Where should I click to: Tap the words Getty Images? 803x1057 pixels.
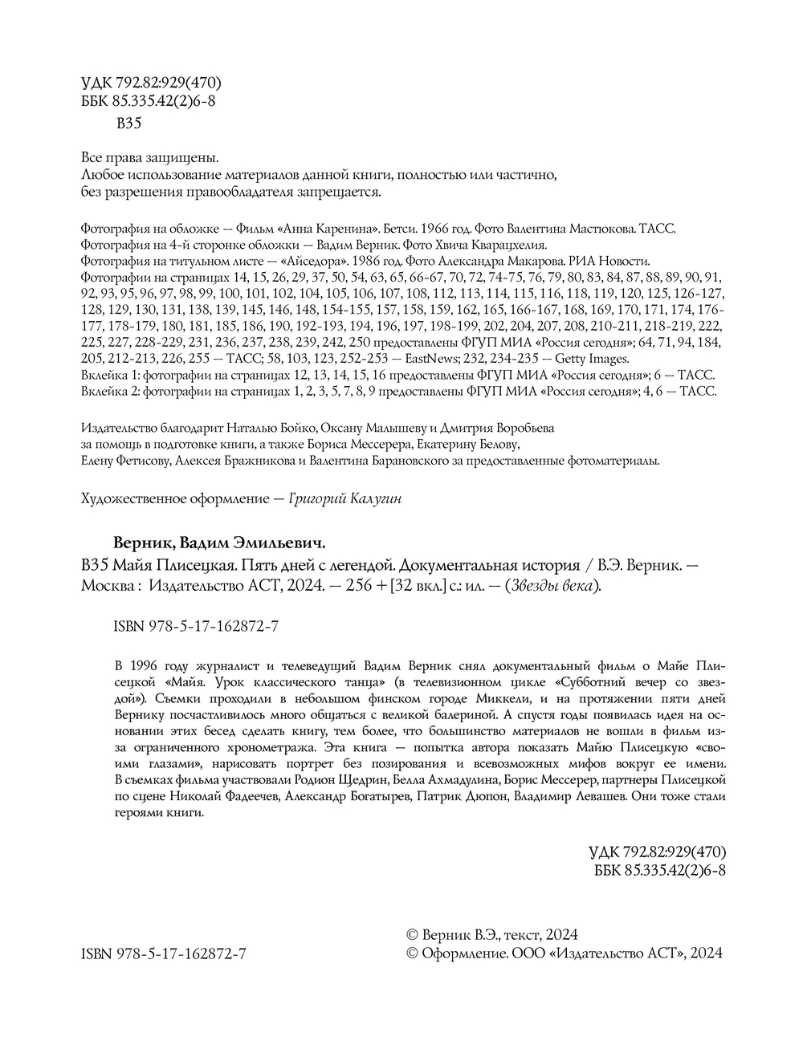[592, 360]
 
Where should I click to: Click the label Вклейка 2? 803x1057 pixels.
[110, 392]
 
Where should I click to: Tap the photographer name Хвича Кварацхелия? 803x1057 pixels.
[492, 245]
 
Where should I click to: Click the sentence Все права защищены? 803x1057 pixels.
[150, 158]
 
